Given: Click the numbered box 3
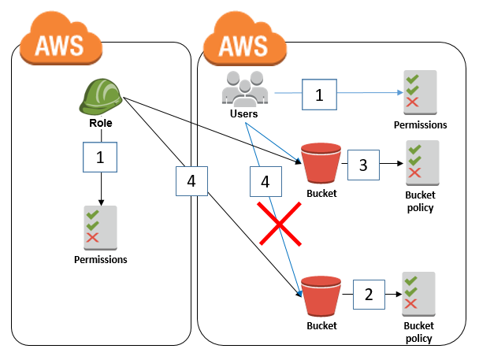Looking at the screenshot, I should tap(364, 165).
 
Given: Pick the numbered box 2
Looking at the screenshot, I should tap(368, 296).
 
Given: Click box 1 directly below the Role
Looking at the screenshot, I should tap(100, 158).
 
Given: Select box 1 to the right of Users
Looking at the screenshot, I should tap(319, 95).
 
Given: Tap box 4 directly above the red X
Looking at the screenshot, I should tap(265, 181).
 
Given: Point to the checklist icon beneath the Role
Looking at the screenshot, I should tap(100, 226).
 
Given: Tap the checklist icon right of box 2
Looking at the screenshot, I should tap(417, 293).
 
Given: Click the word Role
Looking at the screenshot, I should tap(100, 124).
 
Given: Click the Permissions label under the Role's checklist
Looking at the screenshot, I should tap(100, 258).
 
